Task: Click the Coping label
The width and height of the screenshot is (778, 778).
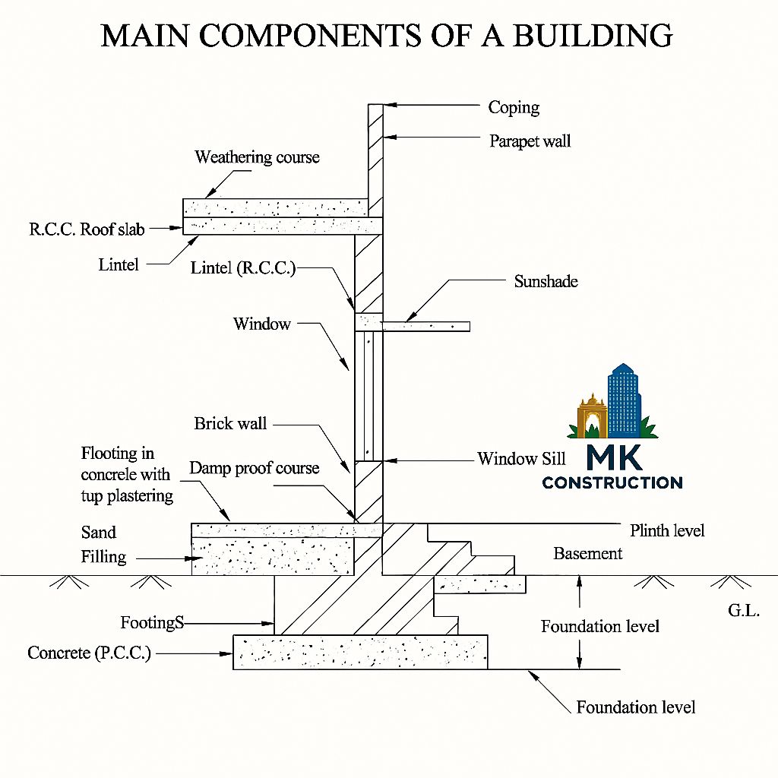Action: pos(514,108)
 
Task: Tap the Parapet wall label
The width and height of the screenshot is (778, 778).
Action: pos(530,141)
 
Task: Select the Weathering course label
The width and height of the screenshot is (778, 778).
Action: pos(257,157)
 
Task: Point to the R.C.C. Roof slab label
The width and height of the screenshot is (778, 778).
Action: pos(87,229)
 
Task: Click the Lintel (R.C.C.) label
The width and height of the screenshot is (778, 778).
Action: pos(243,268)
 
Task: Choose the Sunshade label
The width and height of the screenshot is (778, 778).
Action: pos(546,281)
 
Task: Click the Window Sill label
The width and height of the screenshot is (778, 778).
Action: pos(521,458)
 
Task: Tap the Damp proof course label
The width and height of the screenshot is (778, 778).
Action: pos(254,468)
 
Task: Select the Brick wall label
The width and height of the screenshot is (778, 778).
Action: pos(230,423)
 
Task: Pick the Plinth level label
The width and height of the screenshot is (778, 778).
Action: pos(667,530)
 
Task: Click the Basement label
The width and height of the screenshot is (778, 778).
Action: pos(587,553)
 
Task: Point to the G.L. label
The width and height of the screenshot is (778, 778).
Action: pos(744,610)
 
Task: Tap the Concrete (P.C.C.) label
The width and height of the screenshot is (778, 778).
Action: pos(90,653)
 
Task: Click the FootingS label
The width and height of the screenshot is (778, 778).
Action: pos(152,622)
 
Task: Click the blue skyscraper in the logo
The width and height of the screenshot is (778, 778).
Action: pos(625,400)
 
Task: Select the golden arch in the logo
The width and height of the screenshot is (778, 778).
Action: pos(592,416)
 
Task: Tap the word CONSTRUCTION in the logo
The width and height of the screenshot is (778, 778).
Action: pos(612,482)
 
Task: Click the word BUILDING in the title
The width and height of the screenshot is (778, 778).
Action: pos(593,36)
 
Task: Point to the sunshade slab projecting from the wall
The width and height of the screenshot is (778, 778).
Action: pos(425,327)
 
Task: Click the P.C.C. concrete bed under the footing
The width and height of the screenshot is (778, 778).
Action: pos(360,652)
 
